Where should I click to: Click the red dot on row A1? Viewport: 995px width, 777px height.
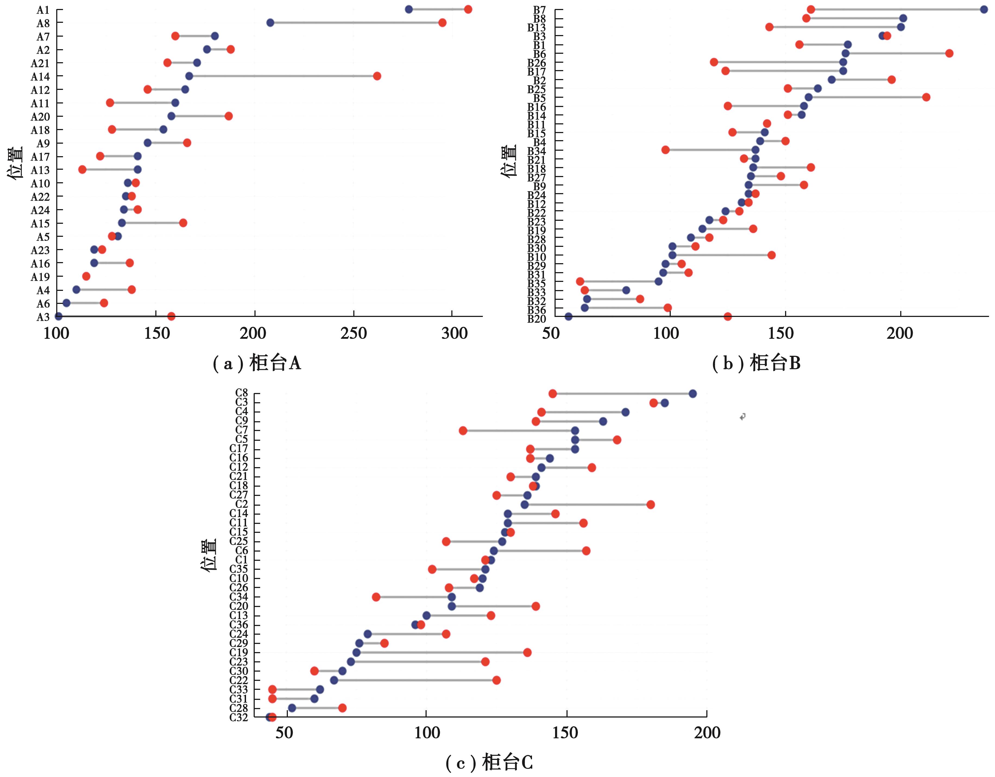click(468, 10)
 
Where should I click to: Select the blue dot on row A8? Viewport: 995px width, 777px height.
click(270, 23)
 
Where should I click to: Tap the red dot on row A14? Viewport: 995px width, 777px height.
click(377, 76)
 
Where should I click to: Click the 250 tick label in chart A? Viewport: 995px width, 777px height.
click(354, 334)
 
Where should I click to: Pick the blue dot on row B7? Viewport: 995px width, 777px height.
click(984, 10)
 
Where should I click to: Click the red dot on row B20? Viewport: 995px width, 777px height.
click(728, 317)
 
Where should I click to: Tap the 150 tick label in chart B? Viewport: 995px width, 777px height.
click(781, 334)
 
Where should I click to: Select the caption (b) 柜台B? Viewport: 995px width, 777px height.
click(756, 363)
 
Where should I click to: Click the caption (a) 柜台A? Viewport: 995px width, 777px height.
click(257, 363)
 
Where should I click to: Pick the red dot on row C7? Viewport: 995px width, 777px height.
click(463, 431)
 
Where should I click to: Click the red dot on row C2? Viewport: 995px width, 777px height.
click(651, 505)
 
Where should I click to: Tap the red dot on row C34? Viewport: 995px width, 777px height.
click(376, 597)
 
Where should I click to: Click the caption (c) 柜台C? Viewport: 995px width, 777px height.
click(489, 762)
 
